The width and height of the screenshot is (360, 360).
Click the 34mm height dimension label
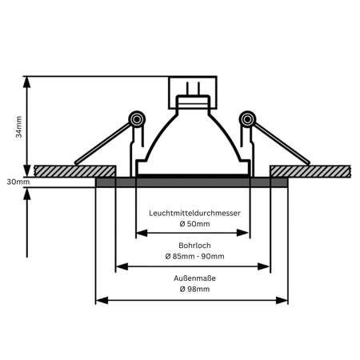tap(18, 126)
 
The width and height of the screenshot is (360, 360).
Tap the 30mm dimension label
tap(18, 182)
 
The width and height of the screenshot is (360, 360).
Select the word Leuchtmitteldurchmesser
tap(194, 213)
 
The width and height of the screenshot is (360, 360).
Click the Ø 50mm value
tap(194, 224)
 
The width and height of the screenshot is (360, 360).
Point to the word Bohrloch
tap(194, 246)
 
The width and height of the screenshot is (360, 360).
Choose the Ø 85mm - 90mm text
tap(194, 256)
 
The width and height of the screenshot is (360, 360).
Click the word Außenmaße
tap(194, 278)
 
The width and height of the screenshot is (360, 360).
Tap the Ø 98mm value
tap(194, 289)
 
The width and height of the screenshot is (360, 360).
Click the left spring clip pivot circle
tap(137, 119)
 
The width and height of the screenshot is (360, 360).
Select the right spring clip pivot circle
tap(247, 119)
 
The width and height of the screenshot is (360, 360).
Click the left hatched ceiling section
tap(75, 171)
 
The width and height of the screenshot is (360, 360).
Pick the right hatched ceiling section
tap(310, 171)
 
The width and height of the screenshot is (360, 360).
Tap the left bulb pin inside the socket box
tap(187, 89)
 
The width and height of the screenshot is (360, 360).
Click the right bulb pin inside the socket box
tap(198, 89)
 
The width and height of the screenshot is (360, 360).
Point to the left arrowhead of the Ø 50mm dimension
tap(142, 233)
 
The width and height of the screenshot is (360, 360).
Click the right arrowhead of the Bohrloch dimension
tap(263, 266)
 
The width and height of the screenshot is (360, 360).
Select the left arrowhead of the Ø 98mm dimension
tap(102, 300)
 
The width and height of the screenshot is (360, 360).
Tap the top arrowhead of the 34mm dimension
tap(26, 82)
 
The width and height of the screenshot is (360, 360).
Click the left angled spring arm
tap(103, 143)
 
